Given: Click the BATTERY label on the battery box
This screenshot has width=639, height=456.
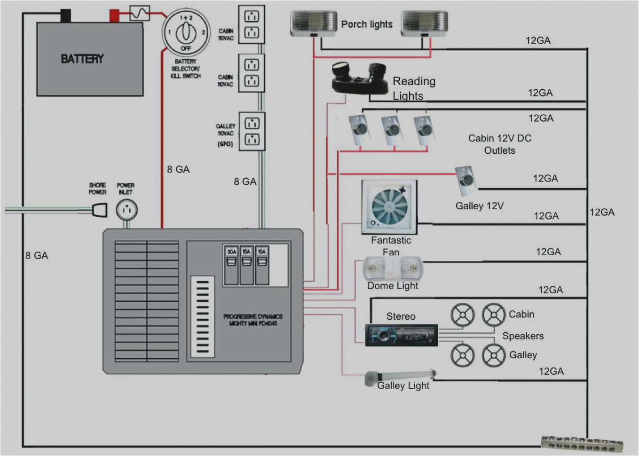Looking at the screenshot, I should [82, 59].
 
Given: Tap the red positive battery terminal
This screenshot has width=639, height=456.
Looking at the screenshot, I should [114, 16].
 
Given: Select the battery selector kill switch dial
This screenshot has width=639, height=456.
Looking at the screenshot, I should [186, 32].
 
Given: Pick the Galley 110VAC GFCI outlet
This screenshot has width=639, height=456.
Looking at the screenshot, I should [252, 131].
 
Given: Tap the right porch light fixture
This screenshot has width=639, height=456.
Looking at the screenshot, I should [424, 24].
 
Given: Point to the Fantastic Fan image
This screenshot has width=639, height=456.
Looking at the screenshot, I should [389, 207].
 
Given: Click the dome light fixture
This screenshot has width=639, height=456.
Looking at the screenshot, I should [393, 269].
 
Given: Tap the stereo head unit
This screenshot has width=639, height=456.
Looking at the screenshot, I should [402, 335].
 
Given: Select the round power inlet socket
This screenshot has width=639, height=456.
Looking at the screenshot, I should [126, 210].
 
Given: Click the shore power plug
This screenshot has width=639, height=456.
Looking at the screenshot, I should [99, 210].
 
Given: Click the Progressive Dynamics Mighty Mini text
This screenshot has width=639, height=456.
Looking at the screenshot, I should [253, 320].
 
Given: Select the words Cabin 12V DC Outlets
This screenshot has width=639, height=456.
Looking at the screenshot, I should [499, 144].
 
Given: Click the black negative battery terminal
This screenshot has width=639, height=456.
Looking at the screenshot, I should [65, 16].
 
